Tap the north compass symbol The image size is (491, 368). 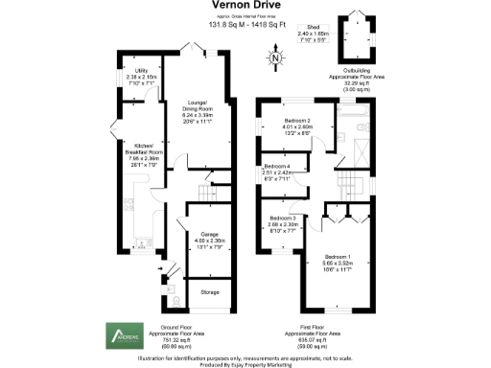[x=276, y=61]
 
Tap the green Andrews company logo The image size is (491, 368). [x=124, y=334]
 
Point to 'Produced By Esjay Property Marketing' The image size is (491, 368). [x=245, y=363]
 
